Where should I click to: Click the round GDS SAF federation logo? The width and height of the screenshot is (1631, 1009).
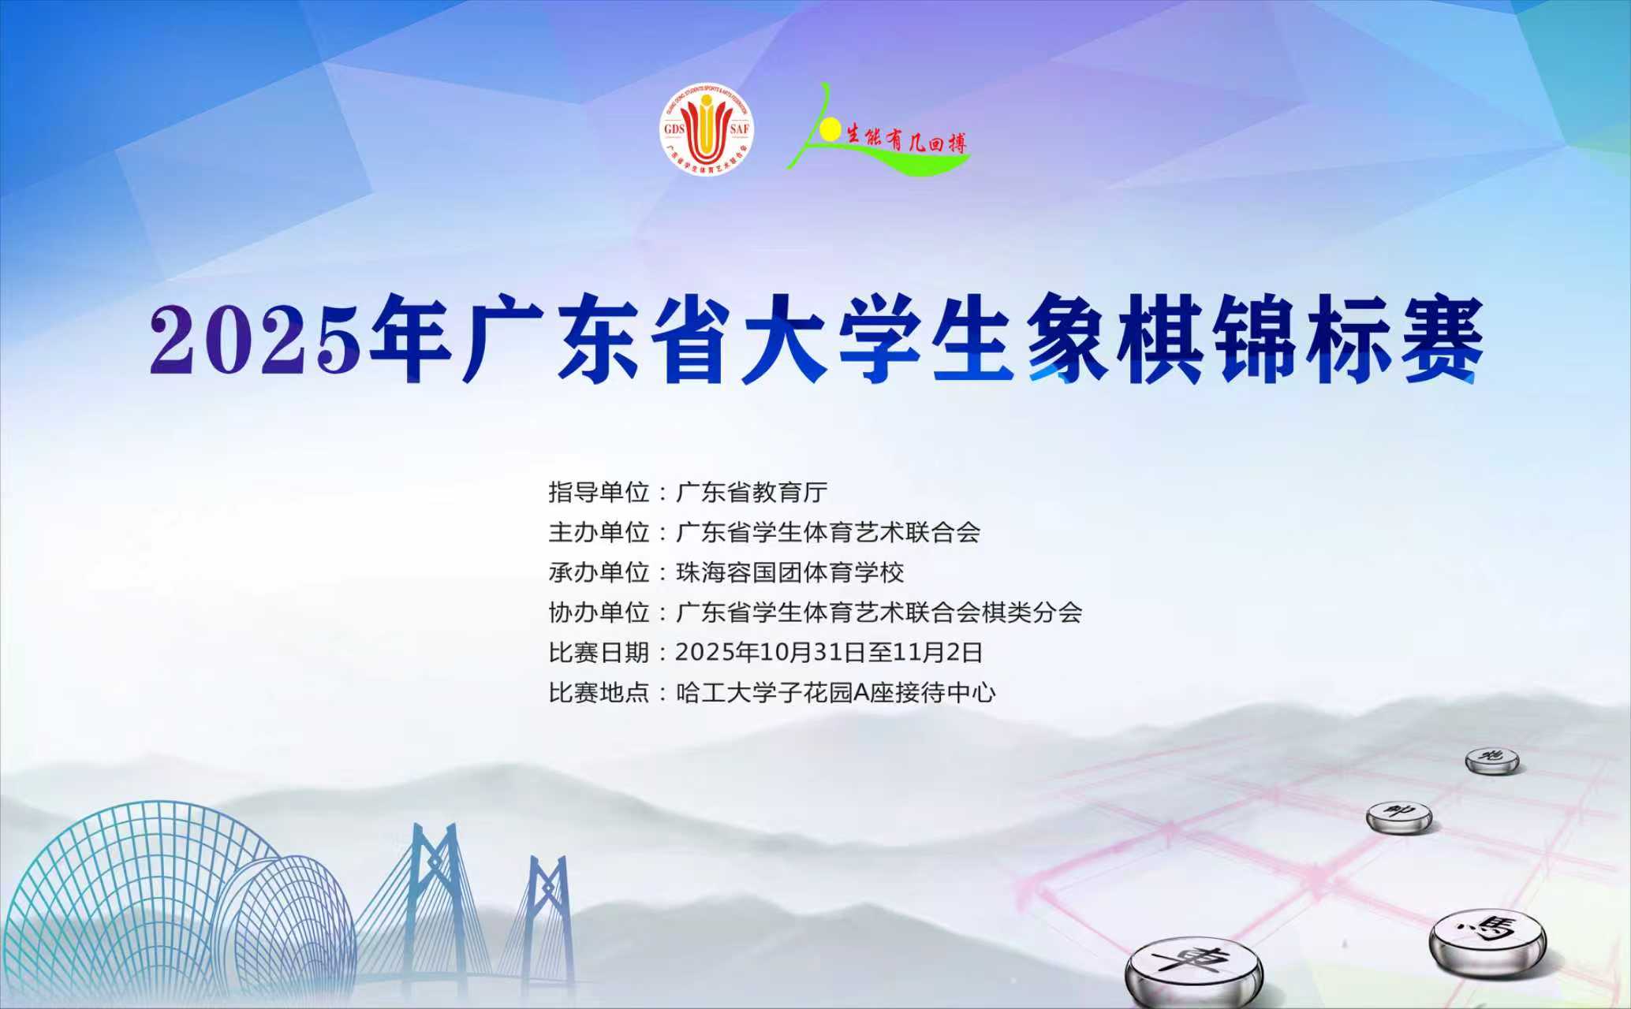pos(707,130)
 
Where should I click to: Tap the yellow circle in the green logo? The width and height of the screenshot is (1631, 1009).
pos(829,130)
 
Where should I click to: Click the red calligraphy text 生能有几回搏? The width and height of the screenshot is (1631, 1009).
pos(906,142)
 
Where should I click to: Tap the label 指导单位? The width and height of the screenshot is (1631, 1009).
pos(599,492)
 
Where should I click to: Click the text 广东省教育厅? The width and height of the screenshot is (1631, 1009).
pos(752,492)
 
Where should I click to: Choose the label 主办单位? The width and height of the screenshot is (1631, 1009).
pos(599,532)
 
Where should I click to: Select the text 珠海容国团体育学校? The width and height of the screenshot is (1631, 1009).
pos(789,572)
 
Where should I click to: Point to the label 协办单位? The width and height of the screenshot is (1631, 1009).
pos(599,612)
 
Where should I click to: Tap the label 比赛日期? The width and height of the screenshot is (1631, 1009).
pos(599,653)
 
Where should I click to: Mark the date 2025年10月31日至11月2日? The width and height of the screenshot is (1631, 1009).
pos(829,653)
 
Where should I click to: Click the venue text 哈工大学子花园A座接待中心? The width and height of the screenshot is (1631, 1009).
pos(836,693)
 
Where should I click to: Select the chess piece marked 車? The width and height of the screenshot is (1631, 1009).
pos(1192,970)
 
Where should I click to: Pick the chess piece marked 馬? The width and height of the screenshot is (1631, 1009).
pos(1487,936)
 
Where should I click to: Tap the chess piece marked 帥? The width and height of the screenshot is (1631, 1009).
pos(1398,815)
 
